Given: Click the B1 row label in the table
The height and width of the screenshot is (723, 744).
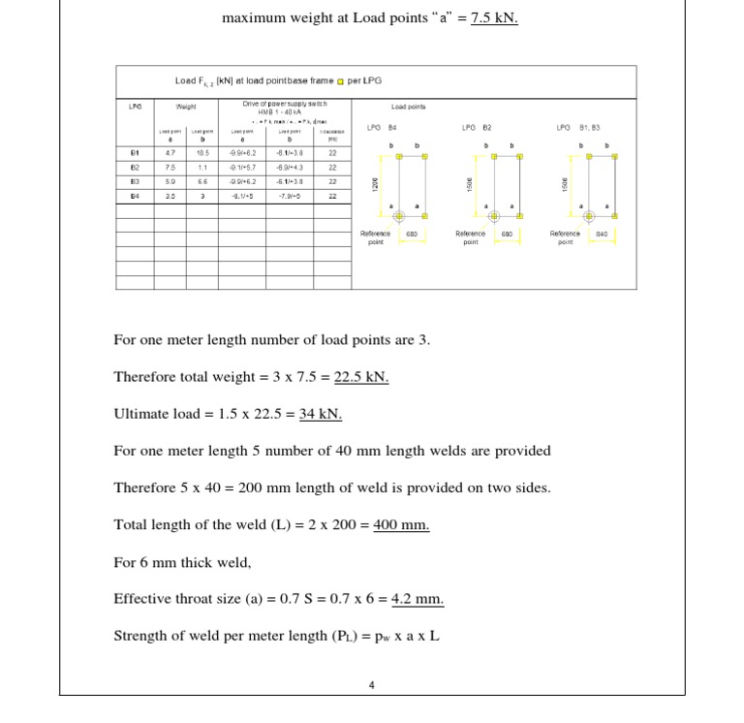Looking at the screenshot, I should pos(134,152).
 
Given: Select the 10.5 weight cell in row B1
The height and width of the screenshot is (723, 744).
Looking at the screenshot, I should pos(202,152).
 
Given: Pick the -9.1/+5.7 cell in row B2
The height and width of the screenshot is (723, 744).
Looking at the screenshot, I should pos(242,166).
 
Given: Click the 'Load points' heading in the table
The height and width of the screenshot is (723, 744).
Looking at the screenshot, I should pos(409,107).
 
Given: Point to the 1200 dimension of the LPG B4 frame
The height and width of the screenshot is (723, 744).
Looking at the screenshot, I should pos(374,183).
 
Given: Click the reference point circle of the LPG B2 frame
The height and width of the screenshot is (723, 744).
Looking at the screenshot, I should pos(493,217).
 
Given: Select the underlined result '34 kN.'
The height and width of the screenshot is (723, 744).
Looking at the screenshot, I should pos(321,414).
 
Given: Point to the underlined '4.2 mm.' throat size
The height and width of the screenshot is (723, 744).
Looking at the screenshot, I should pos(418,598).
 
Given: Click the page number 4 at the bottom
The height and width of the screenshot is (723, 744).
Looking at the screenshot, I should pos(371,685).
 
